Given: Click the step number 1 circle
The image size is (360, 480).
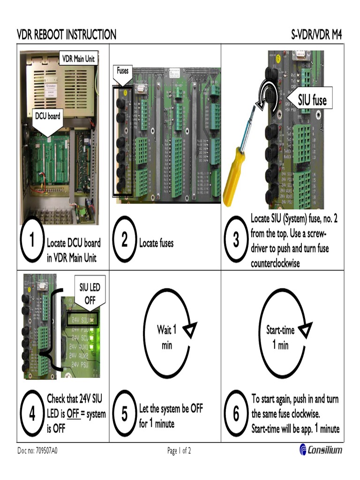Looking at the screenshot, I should [32, 241].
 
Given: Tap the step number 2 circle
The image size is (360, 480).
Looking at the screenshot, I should [124, 241].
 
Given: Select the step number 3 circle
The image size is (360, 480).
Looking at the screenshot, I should [236, 241].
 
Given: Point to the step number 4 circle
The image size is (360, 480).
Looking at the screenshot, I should [32, 414].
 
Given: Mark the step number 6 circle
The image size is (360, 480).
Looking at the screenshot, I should [236, 414].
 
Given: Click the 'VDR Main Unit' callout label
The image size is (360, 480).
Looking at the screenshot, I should [79, 59].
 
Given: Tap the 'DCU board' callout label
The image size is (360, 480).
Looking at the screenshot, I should [48, 116].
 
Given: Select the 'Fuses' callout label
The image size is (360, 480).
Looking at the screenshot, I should [122, 71].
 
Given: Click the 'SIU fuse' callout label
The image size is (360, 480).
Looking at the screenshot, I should [312, 99].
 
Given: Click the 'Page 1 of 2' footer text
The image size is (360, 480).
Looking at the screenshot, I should [179, 451].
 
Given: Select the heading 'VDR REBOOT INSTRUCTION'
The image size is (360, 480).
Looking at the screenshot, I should [67, 35].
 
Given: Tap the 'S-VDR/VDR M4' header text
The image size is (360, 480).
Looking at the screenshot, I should [316, 35].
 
